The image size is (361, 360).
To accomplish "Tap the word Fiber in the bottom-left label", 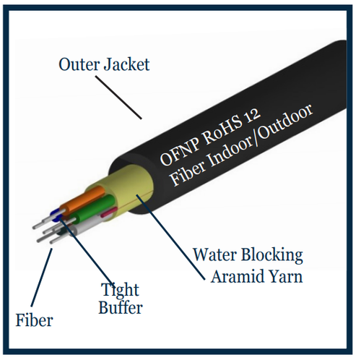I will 33,319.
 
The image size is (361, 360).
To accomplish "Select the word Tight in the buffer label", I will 121,291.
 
